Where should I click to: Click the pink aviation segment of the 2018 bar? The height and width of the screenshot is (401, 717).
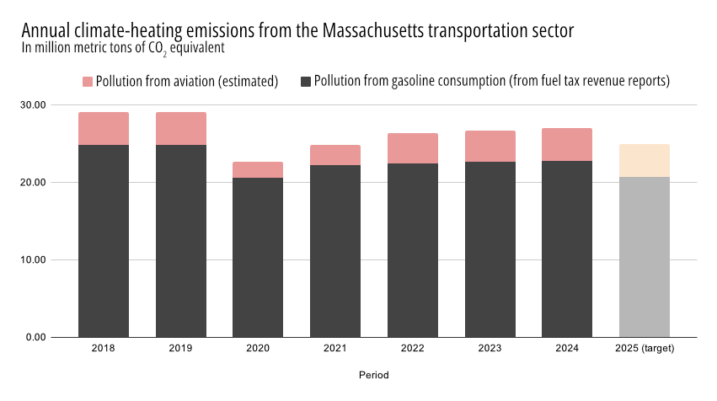pos(104,129)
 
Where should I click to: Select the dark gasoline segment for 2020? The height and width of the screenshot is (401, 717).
pos(258,257)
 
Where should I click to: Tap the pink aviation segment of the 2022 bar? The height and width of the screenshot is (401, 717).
pos(413,148)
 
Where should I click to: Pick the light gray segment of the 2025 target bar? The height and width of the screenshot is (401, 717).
pos(645,257)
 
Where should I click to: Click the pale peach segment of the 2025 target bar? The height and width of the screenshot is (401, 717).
pos(645,160)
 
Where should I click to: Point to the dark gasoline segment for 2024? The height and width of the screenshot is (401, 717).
pos(567,249)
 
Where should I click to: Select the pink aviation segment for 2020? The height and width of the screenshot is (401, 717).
pos(258,170)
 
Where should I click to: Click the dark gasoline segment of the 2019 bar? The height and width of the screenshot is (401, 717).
pos(181,241)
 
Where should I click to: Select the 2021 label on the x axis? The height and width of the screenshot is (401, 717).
pos(335,348)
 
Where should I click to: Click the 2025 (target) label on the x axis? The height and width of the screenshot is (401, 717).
pos(645,348)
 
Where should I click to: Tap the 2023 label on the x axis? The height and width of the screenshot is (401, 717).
pos(490,348)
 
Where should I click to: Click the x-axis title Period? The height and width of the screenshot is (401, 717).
pos(373,374)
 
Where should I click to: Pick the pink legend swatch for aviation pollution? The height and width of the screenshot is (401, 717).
pos(88,82)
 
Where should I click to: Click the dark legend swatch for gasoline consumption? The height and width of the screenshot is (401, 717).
pos(306,82)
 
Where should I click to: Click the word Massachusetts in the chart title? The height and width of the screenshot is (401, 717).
pos(372,30)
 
